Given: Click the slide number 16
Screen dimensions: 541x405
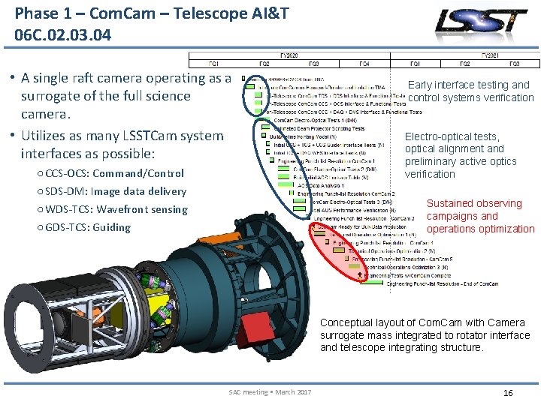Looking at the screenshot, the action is (x=508, y=392).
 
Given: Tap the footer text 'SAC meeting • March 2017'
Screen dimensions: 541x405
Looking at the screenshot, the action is (x=270, y=392).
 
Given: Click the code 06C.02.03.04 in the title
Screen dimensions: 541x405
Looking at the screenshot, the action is (x=62, y=34).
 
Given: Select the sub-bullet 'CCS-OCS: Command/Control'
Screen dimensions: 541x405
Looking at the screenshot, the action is (x=114, y=173).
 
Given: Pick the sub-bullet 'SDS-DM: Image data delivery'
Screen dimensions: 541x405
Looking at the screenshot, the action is (x=116, y=191).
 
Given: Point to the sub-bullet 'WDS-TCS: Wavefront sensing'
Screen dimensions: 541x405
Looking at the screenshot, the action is (x=116, y=209).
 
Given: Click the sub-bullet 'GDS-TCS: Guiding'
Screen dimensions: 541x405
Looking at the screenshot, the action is (x=88, y=227).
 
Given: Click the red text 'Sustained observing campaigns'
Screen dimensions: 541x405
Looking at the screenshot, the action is (x=474, y=209).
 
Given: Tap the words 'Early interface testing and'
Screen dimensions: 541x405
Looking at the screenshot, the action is (x=468, y=85).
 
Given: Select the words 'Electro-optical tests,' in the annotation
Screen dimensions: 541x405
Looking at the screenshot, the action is (x=452, y=136).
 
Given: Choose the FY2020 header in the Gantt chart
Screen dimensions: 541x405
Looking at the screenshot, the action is (x=289, y=55).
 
